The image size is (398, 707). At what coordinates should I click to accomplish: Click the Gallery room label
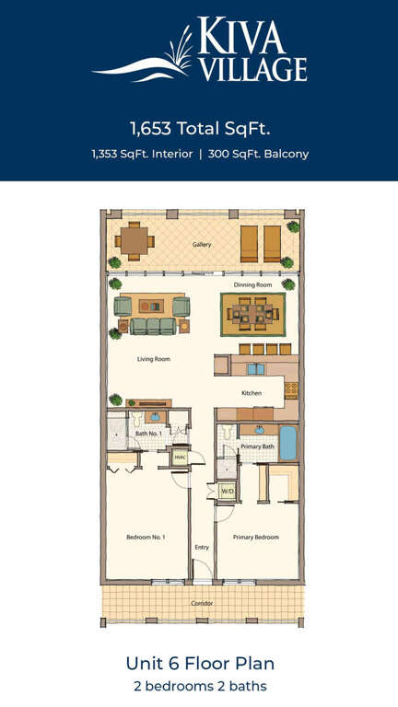pos(201,245)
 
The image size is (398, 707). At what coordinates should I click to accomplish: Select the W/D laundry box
pos(226,491)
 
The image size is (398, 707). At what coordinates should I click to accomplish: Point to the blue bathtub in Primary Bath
pos(287,444)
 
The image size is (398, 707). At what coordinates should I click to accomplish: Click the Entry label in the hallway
pos(202,548)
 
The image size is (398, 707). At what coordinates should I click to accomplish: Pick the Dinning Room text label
pos(252,285)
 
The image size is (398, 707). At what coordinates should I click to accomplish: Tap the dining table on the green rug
pos(252,313)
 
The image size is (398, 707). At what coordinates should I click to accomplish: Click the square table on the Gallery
pos(135,241)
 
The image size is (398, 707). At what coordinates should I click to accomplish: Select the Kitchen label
pos(252,393)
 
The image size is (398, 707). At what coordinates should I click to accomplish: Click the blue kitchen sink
pos(256,369)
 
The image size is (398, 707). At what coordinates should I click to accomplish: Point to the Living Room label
pos(154,359)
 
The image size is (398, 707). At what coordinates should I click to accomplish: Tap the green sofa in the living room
pos(154,326)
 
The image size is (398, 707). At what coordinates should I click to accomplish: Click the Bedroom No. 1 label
pos(146,537)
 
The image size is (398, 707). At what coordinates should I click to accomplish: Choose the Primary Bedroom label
pos(256,537)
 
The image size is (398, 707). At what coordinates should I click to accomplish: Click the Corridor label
pos(202,603)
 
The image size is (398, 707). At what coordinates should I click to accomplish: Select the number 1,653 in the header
pos(152,130)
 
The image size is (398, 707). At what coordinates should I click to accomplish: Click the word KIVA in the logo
pos(243,37)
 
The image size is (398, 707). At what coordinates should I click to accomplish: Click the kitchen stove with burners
pos(291,390)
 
